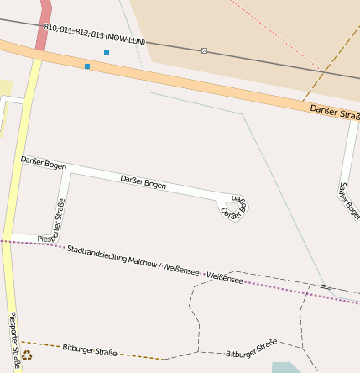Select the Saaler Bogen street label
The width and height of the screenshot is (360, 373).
pyautogui.click(x=349, y=200)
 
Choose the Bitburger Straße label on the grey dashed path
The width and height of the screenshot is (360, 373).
pyautogui.click(x=251, y=349)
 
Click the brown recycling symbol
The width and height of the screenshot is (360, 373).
pyautogui.click(x=27, y=355)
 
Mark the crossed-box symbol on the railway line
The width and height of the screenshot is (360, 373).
pyautogui.click(x=204, y=50)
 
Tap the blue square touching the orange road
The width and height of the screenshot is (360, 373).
pyautogui.click(x=87, y=66)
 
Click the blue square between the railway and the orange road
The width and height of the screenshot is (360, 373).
pyautogui.click(x=107, y=53)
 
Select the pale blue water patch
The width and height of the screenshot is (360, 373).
pyautogui.click(x=285, y=367)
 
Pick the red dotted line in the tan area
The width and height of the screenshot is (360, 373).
pyautogui.click(x=277, y=34)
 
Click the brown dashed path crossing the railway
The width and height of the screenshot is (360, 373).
pyautogui.click(x=323, y=71)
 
